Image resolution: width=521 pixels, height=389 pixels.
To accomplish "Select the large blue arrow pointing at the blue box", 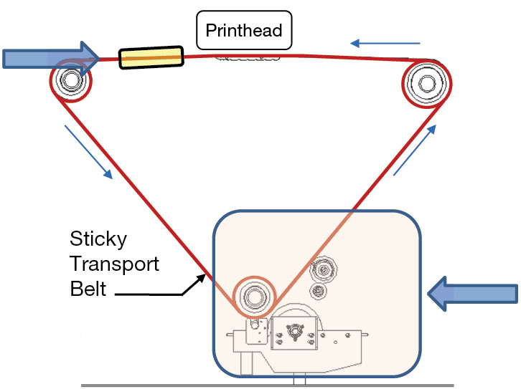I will click(x=473, y=294).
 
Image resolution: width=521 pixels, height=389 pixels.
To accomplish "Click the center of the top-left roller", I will click(x=70, y=80).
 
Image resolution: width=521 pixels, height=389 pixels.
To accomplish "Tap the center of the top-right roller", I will click(x=427, y=84).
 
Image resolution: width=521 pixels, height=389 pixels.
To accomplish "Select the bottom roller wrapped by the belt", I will click(x=253, y=295).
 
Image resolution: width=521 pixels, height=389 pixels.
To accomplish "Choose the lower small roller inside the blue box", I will click(x=316, y=291).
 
